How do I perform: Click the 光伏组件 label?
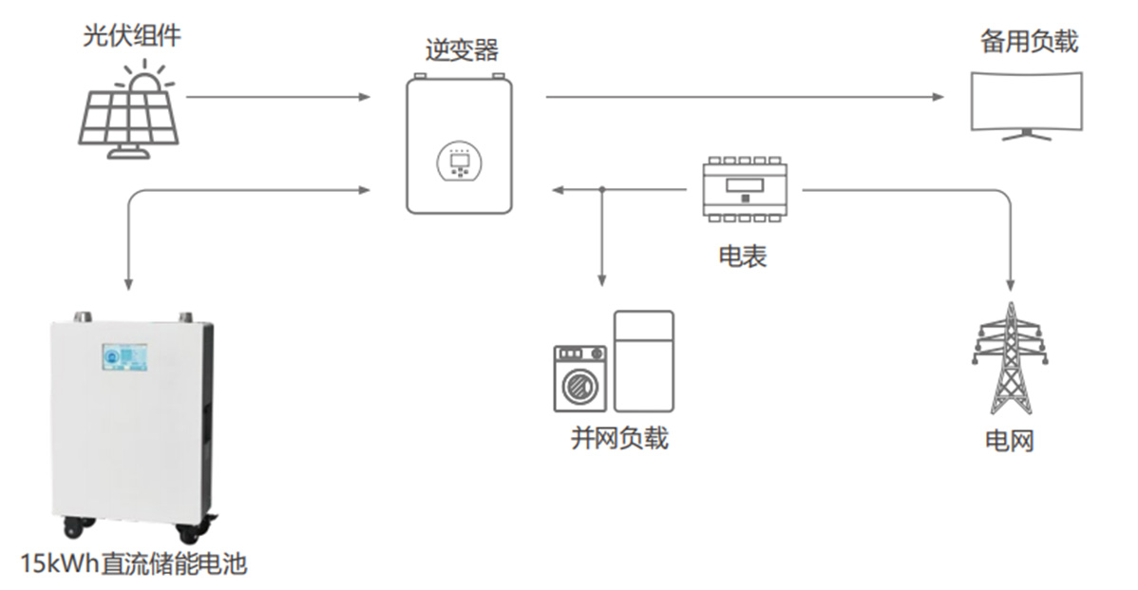(x=131, y=39)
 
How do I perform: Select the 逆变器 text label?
(x=461, y=50)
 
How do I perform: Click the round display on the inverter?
(x=460, y=163)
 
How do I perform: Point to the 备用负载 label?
(x=1028, y=43)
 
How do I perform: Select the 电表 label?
(x=742, y=257)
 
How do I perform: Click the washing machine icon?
(x=579, y=378)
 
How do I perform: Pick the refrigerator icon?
(x=643, y=360)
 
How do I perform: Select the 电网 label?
(x=1009, y=441)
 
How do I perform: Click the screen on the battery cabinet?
(x=124, y=358)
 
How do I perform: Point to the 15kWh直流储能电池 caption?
(x=133, y=564)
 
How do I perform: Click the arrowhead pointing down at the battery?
(x=128, y=285)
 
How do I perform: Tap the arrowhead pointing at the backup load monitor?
(x=939, y=97)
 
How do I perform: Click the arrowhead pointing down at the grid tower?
(x=1011, y=285)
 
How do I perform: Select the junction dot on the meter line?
(x=601, y=190)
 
